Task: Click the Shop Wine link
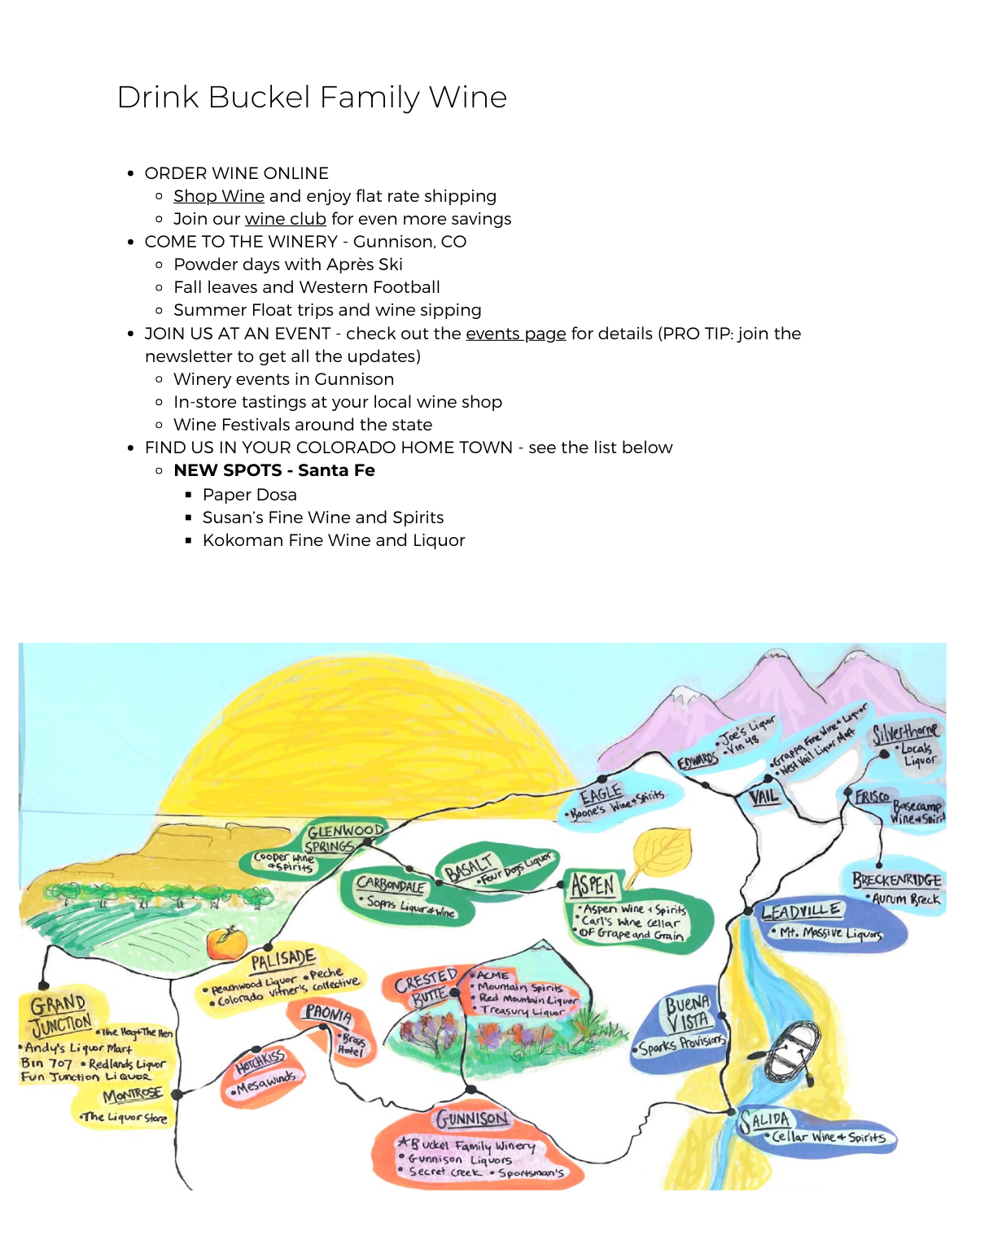(x=218, y=196)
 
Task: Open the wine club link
(x=285, y=219)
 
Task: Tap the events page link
(x=515, y=334)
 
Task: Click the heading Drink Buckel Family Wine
(x=312, y=97)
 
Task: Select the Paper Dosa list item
(x=249, y=495)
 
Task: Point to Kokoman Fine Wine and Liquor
(x=333, y=540)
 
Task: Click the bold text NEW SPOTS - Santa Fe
(x=274, y=470)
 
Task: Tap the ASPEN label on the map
(x=593, y=884)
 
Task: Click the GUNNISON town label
(x=472, y=1119)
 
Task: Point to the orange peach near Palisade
(x=225, y=943)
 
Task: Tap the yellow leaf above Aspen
(x=662, y=851)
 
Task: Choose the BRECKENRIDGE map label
(x=896, y=880)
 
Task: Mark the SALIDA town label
(x=765, y=1121)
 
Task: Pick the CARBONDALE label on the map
(x=391, y=884)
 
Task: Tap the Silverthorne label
(x=905, y=732)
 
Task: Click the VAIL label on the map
(x=764, y=797)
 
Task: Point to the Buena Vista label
(x=688, y=1013)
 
